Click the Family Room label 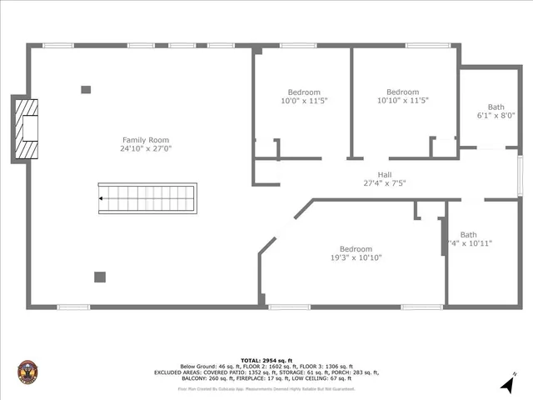tap(146, 139)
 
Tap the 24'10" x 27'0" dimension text tap(146, 148)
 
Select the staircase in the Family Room tap(147, 198)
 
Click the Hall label tap(384, 174)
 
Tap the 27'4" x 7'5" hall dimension tap(384, 183)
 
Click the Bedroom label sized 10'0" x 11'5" tap(304, 92)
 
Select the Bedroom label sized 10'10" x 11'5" tap(403, 92)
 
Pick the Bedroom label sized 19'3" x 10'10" tap(356, 248)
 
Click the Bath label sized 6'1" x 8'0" tap(496, 107)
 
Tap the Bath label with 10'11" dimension tap(469, 235)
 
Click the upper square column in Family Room tap(86, 89)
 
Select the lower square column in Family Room tap(100, 277)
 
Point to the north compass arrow tap(506, 384)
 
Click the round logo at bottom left tap(28, 372)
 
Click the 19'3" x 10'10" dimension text tap(356, 257)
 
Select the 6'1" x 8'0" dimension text tap(496, 116)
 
